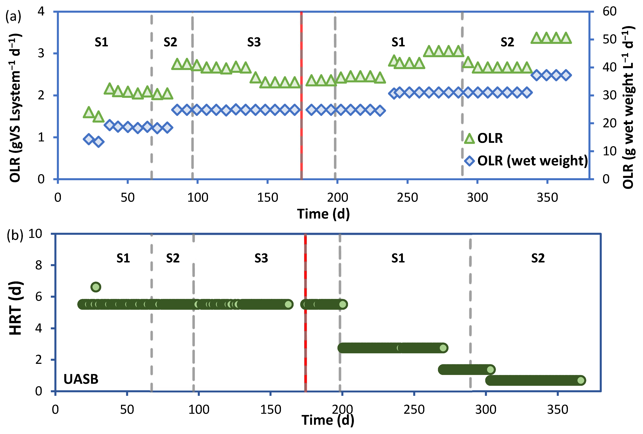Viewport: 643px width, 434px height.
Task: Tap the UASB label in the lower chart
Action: click(81, 379)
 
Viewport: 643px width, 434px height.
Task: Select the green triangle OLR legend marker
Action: click(469, 138)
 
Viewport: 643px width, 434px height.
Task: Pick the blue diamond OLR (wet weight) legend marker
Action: click(469, 161)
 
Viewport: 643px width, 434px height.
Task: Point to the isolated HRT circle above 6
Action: click(96, 287)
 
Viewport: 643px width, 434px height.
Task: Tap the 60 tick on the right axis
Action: click(609, 12)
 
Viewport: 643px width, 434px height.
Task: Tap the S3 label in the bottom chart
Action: click(261, 258)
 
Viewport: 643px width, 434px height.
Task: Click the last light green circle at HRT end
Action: click(581, 381)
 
